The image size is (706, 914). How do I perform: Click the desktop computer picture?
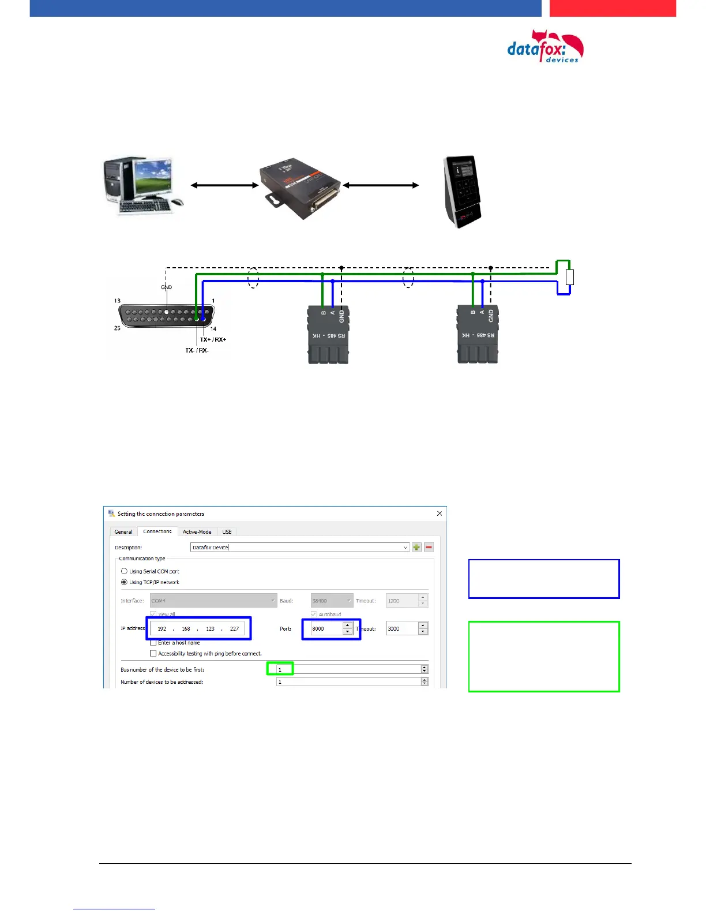click(144, 185)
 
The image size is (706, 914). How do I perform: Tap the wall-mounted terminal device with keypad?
click(461, 190)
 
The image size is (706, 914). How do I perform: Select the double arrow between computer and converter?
click(224, 185)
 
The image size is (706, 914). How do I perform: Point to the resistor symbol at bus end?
click(570, 278)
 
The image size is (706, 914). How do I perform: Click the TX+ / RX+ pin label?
click(213, 339)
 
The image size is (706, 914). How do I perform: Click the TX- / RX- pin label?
click(197, 350)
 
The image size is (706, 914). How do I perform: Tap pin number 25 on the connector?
click(117, 328)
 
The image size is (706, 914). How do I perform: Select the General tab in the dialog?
click(123, 531)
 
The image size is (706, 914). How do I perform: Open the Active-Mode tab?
click(197, 531)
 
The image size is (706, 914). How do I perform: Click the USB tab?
click(227, 531)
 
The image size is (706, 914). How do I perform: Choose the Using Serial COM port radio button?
click(124, 571)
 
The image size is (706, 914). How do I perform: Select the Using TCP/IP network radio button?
click(124, 582)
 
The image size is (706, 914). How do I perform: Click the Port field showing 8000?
click(326, 628)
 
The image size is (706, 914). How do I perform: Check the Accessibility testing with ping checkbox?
click(153, 653)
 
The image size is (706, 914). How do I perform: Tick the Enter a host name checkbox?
click(153, 642)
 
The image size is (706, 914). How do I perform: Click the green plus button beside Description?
click(416, 547)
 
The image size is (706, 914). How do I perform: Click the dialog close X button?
click(440, 514)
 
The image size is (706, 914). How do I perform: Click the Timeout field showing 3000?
click(401, 628)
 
